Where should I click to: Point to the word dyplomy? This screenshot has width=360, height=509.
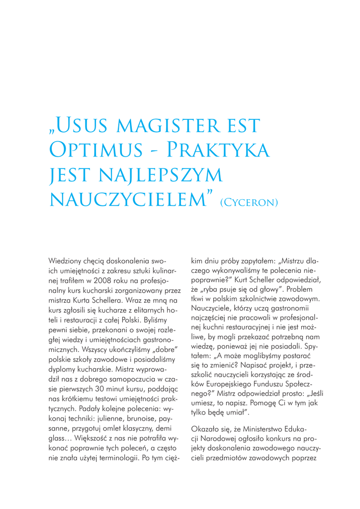pyautogui.click(x=63, y=355)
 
